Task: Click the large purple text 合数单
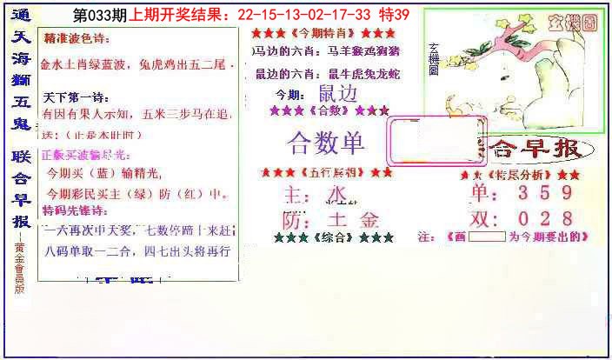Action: click(326, 143)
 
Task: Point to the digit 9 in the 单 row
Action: click(566, 192)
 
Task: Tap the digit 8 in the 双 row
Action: click(566, 218)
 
